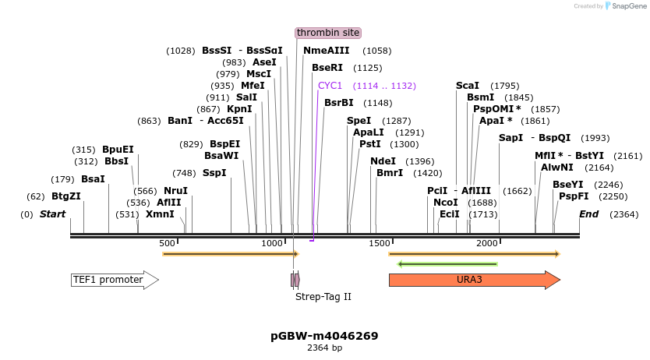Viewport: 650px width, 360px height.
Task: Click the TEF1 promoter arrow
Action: (x=114, y=280)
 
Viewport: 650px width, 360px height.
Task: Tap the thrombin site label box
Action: (x=328, y=33)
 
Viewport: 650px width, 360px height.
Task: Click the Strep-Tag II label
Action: (x=323, y=297)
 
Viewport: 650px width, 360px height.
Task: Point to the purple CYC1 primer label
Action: (x=330, y=86)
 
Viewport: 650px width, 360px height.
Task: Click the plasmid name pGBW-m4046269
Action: (x=324, y=336)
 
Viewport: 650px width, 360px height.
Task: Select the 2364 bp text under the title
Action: (x=324, y=348)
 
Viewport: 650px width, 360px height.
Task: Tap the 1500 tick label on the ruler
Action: (x=380, y=244)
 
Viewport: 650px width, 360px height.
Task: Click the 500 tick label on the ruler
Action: (x=167, y=244)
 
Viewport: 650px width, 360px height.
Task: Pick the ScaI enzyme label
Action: (x=468, y=86)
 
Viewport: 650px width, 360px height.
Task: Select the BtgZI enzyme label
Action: (x=66, y=196)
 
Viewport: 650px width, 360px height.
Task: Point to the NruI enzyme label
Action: (x=175, y=191)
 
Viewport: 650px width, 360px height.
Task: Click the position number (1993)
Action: (x=595, y=138)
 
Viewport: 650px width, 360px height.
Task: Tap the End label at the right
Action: (x=589, y=214)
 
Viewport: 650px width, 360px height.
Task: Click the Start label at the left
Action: (x=53, y=214)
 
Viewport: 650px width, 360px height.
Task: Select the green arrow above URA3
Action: (x=447, y=264)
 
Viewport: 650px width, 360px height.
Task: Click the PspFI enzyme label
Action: (x=574, y=196)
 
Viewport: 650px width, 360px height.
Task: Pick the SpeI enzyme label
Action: (x=359, y=121)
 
